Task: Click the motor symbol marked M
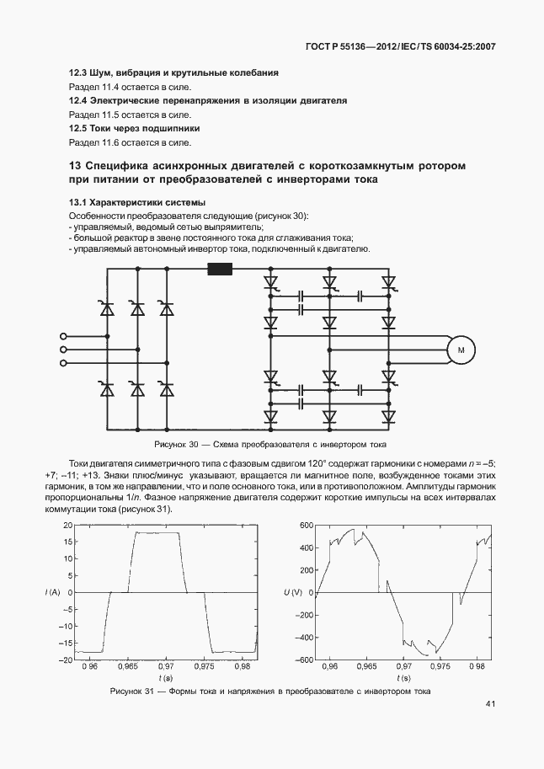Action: (461, 350)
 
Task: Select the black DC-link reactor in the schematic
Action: (220, 270)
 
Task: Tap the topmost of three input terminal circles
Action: (63, 335)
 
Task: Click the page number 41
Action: (490, 704)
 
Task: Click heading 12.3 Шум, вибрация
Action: (185, 74)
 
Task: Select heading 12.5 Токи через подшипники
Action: (134, 129)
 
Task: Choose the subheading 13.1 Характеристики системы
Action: (137, 204)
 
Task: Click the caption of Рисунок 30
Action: (270, 444)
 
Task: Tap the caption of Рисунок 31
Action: (270, 692)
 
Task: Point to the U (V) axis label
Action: (291, 593)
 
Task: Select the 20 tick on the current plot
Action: (68, 525)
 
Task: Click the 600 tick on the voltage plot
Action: (306, 525)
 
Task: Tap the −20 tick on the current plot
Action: (66, 660)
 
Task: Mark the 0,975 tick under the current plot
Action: (205, 667)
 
